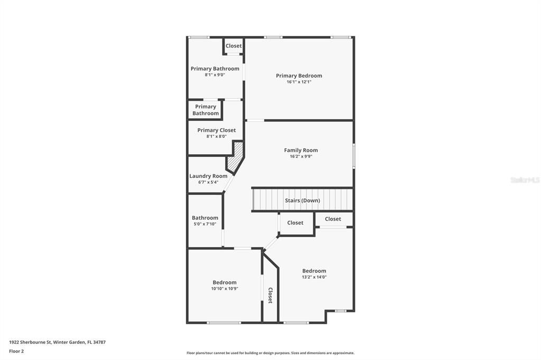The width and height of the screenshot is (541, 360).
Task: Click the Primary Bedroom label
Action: click(x=299, y=75)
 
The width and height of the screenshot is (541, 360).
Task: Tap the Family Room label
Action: click(x=301, y=150)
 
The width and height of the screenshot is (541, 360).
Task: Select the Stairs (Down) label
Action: click(x=302, y=201)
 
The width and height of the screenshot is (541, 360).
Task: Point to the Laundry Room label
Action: click(x=208, y=176)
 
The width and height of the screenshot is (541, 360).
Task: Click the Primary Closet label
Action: click(x=217, y=130)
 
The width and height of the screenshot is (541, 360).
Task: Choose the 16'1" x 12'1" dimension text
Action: click(x=299, y=82)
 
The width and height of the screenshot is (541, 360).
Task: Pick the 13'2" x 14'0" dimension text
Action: click(x=314, y=277)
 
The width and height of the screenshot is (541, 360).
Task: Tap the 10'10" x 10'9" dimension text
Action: click(x=225, y=289)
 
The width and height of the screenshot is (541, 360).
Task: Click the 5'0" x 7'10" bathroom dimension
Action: click(x=205, y=224)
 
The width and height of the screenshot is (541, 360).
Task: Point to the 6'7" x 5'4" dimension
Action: click(x=208, y=182)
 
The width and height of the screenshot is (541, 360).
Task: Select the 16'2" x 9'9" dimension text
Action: click(x=301, y=156)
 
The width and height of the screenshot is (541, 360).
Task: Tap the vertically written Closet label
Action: click(x=270, y=295)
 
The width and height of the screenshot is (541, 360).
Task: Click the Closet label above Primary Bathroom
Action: click(x=234, y=46)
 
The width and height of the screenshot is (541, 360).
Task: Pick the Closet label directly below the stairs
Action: click(x=295, y=223)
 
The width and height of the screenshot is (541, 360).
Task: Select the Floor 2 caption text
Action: click(x=16, y=351)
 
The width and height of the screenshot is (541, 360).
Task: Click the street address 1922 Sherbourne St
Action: click(x=57, y=342)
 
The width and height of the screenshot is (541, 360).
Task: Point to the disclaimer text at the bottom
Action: click(x=270, y=353)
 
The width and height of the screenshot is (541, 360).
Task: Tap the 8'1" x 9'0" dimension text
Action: click(x=215, y=75)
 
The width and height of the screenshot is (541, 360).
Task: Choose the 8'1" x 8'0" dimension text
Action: click(x=217, y=136)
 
